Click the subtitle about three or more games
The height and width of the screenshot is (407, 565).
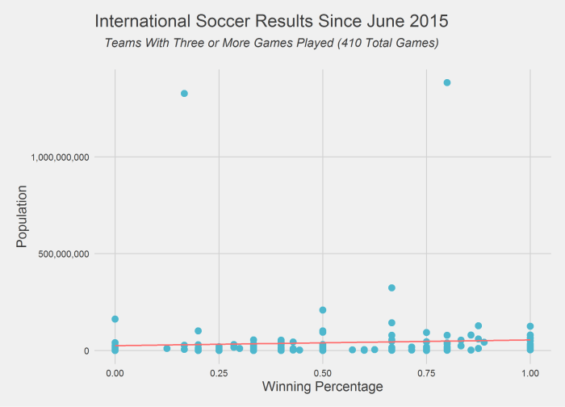[x=272, y=42]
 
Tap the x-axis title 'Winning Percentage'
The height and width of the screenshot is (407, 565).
[x=322, y=387]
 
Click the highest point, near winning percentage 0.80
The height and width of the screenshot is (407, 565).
[x=447, y=82]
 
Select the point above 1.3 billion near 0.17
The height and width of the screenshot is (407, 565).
[x=184, y=94]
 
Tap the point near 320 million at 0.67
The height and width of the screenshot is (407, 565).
[x=392, y=287]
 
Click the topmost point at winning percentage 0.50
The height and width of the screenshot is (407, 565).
[x=323, y=310]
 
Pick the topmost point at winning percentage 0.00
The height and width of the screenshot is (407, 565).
[x=115, y=319]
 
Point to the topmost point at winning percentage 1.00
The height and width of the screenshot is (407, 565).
[x=530, y=326]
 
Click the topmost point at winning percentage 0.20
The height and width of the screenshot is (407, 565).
[x=198, y=331]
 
